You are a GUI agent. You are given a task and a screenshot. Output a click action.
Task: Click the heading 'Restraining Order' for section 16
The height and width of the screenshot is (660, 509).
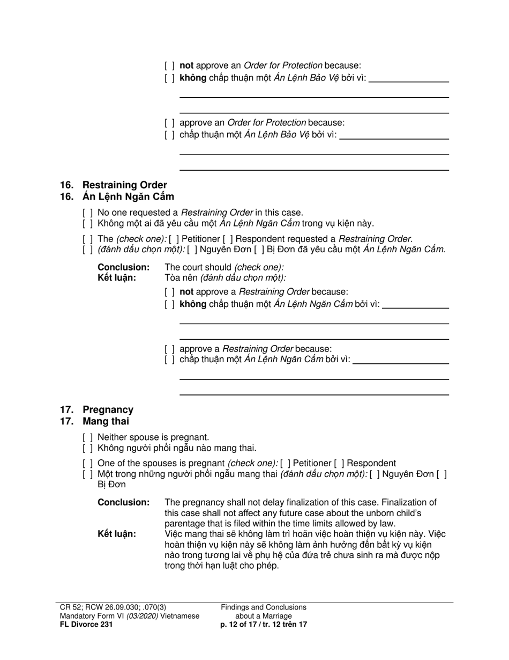[124, 185]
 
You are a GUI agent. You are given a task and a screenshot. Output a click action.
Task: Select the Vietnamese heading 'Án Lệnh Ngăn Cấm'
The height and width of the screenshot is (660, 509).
[128, 196]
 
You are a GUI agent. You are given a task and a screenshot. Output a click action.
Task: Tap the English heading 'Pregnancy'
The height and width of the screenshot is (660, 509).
[108, 410]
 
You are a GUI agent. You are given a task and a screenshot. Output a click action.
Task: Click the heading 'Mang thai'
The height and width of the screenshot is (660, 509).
[106, 421]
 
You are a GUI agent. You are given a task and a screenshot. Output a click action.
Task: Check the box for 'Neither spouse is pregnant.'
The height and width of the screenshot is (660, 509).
[88, 437]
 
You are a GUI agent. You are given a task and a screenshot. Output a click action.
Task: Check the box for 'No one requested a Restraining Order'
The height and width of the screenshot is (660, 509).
[88, 212]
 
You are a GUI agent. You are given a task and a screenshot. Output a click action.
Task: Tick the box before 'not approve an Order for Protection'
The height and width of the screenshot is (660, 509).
[170, 66]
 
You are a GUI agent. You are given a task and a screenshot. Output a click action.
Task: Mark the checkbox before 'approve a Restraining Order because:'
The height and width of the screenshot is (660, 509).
[170, 349]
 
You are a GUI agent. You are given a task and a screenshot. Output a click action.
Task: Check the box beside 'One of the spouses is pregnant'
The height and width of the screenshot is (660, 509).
[88, 464]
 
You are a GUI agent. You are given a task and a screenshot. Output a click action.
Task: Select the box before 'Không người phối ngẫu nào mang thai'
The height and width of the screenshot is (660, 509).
[88, 448]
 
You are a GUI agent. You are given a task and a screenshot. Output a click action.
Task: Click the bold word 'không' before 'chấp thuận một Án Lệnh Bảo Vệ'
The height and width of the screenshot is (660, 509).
[192, 78]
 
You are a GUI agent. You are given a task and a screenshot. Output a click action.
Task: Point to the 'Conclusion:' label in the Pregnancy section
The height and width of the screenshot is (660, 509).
[123, 503]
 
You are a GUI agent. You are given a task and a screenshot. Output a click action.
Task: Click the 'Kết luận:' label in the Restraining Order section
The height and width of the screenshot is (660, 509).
[116, 278]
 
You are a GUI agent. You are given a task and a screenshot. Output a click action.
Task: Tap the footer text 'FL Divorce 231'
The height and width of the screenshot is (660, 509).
[86, 625]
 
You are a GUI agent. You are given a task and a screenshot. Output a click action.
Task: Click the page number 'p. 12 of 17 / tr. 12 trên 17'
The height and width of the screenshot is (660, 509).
[264, 625]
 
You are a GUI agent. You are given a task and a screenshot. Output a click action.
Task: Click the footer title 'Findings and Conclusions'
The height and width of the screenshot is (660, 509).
[264, 607]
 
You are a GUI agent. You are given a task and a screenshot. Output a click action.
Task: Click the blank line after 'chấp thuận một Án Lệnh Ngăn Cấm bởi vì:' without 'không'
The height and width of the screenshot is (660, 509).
[400, 361]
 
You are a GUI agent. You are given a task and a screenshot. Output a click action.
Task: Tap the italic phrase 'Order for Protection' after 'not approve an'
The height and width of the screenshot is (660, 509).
[283, 66]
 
